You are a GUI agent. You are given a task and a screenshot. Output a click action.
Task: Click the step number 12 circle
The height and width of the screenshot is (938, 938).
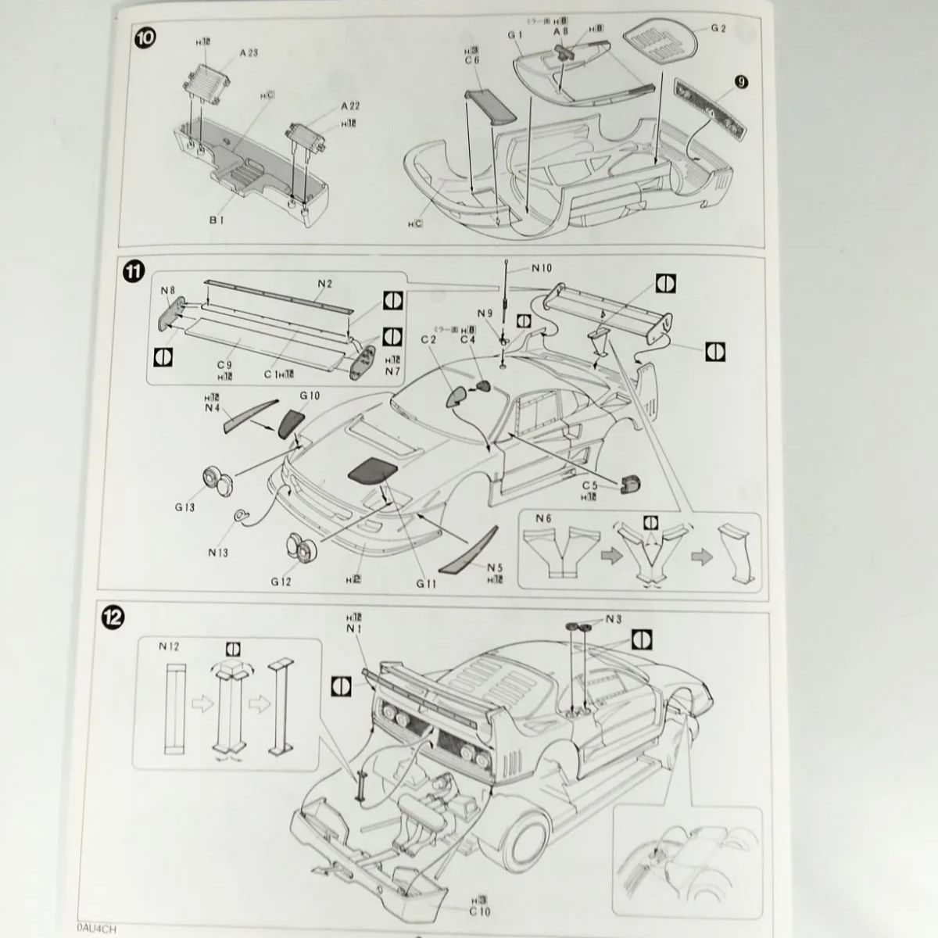point(114,618)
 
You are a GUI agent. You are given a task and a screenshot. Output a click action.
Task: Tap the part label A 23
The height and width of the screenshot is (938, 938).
point(249,52)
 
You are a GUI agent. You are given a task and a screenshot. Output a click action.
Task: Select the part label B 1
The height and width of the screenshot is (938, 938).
point(217,221)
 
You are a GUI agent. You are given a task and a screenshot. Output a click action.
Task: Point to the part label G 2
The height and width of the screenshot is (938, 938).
point(719,29)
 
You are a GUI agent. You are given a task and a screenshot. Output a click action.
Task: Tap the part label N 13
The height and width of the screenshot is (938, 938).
point(219,552)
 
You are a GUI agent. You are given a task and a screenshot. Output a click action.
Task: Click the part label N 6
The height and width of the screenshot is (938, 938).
point(544,518)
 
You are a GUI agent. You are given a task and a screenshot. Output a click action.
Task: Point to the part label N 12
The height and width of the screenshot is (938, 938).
point(169,646)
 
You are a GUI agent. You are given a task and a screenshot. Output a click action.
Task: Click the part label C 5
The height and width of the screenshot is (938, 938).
point(589,486)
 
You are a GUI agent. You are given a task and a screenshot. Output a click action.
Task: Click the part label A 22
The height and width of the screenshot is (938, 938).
point(350,106)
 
